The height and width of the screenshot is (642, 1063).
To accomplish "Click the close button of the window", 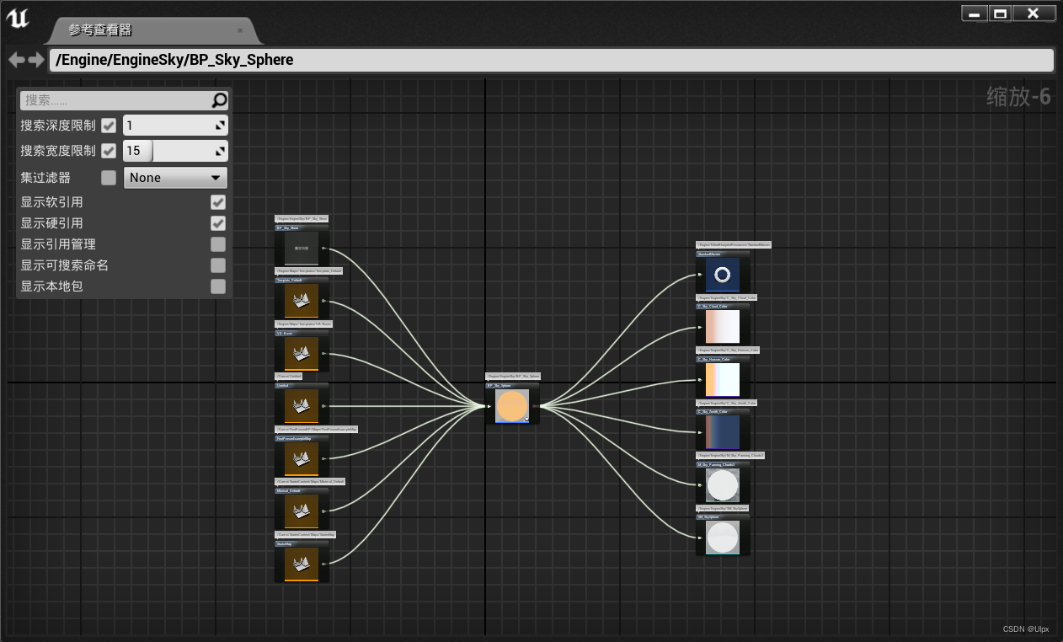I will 1034,13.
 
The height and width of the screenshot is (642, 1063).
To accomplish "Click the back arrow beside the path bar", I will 16,60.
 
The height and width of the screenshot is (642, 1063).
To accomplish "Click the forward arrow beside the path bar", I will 36,60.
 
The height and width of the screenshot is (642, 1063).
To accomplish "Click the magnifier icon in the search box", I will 219,100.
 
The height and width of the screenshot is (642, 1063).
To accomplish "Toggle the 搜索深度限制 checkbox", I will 109,126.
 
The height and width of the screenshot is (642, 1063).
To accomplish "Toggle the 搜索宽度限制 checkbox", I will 109,151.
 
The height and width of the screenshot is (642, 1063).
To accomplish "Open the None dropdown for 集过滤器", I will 175,178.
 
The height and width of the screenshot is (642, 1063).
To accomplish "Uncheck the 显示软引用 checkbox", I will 218,202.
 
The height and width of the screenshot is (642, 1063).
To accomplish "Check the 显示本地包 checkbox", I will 218,286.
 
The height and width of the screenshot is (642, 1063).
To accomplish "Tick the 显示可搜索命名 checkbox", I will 218,265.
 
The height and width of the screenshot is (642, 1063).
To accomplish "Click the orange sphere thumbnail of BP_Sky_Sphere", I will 511,406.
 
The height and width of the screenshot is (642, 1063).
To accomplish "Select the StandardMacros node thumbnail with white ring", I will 722,275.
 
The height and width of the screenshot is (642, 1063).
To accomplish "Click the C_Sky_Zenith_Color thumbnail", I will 722,432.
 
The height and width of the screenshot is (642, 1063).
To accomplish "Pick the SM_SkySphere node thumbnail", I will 722,538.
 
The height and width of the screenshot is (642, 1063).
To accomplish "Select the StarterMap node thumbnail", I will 301,564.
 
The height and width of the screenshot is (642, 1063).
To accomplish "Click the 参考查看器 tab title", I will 100,30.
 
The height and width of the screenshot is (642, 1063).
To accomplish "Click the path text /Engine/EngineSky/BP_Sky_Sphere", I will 174,60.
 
